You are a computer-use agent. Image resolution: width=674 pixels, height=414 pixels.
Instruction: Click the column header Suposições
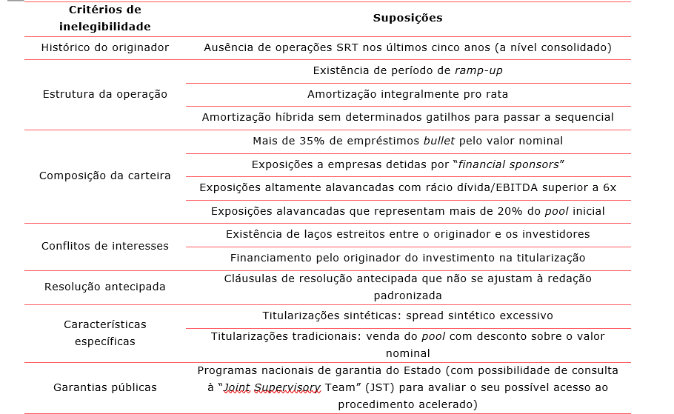(x=407, y=18)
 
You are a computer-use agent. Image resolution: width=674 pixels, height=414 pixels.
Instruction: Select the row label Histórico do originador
(x=105, y=47)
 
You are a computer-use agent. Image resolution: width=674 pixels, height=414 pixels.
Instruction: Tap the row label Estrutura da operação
(x=105, y=94)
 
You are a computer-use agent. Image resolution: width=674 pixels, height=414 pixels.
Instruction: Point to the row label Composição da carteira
(x=105, y=176)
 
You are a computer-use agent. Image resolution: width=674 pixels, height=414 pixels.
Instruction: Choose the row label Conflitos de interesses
(x=105, y=246)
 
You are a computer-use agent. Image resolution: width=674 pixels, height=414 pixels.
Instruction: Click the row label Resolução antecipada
(x=105, y=287)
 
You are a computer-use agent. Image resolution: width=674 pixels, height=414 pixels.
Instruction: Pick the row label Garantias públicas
(x=105, y=387)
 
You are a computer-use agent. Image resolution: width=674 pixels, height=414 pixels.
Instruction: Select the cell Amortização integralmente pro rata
(x=407, y=94)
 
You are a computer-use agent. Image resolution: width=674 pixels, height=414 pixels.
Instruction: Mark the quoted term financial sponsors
(x=509, y=164)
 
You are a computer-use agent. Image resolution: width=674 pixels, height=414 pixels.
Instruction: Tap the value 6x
(x=609, y=188)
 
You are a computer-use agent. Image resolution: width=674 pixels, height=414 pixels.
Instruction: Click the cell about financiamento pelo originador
(x=407, y=258)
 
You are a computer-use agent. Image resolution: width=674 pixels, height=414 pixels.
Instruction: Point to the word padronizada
(x=407, y=296)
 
